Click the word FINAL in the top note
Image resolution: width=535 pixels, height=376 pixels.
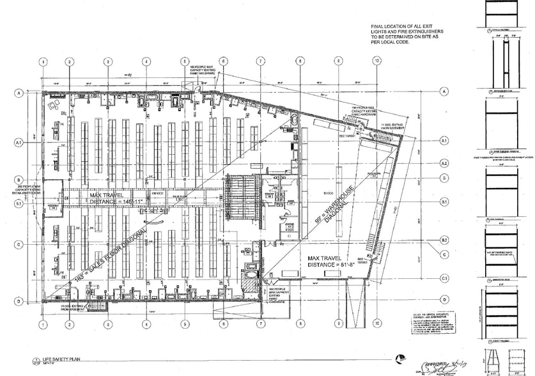click(x=378, y=27)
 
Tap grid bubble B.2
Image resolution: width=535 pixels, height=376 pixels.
click(x=444, y=240)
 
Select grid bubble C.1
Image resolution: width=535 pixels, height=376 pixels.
click(x=444, y=278)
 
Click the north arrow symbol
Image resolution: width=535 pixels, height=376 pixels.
click(x=399, y=359)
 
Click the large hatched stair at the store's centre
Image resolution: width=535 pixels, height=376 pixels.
click(x=238, y=196)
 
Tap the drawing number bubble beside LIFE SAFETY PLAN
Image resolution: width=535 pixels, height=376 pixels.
click(x=36, y=361)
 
